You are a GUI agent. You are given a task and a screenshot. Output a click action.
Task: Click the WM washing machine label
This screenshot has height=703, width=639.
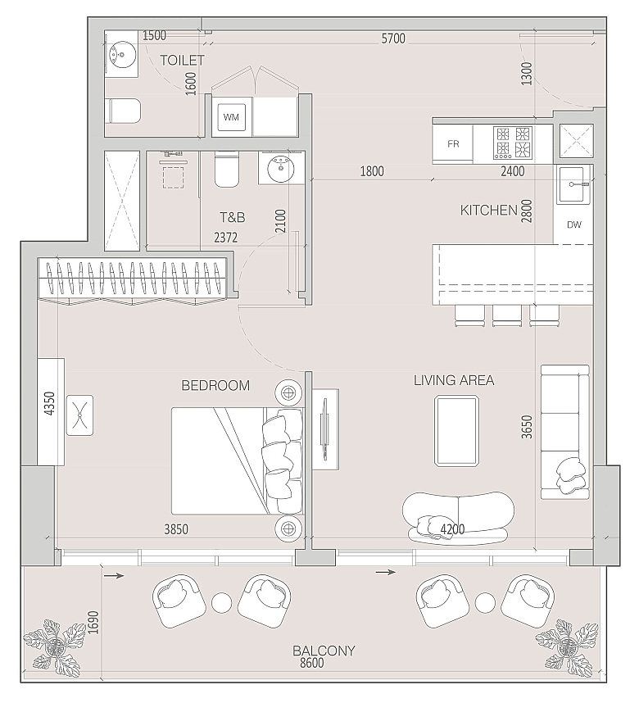231,117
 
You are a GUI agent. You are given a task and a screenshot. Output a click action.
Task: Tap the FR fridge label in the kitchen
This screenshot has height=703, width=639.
453,144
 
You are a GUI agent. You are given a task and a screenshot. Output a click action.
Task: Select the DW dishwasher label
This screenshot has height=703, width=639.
574,225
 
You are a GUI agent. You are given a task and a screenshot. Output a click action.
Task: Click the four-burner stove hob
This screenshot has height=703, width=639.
513,143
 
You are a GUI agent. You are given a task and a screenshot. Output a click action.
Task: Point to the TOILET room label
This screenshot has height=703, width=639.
182,60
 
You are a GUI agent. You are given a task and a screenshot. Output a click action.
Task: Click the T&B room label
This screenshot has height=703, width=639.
233,217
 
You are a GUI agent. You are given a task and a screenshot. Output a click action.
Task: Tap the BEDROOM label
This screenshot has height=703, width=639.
215,385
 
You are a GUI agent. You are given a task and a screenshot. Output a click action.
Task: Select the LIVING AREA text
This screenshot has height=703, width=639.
453,380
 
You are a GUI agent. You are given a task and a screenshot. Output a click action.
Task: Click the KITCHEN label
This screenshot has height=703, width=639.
488,210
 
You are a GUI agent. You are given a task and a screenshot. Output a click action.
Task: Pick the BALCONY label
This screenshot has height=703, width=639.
324,650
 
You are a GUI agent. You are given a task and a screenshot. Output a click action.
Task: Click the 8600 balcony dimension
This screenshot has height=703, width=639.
311,663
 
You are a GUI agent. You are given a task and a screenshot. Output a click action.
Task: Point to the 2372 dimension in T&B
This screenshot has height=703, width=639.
225,237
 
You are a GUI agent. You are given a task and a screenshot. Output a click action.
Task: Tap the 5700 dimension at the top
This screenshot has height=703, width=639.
393,39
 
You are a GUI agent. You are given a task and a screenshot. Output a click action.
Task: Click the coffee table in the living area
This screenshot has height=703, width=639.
456,431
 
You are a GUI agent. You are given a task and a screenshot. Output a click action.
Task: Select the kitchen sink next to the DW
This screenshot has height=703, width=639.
573,184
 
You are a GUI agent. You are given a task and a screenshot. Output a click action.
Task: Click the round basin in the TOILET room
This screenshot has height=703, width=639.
122,55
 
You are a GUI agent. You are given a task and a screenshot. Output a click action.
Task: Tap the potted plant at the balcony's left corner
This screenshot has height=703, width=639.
55,647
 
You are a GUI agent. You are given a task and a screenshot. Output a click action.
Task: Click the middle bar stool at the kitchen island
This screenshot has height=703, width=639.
507,315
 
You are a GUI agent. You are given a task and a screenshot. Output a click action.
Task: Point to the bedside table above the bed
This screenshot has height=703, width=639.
288,393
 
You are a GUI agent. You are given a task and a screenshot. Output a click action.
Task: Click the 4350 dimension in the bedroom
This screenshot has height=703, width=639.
50,403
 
